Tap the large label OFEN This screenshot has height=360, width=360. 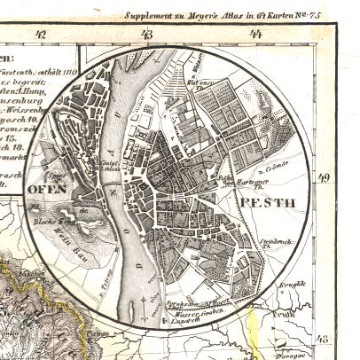click(x=48, y=189)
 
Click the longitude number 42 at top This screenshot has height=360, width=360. click(x=37, y=35)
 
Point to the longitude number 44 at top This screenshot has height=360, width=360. click(x=256, y=35)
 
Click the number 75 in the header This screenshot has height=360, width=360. click(x=325, y=15)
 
